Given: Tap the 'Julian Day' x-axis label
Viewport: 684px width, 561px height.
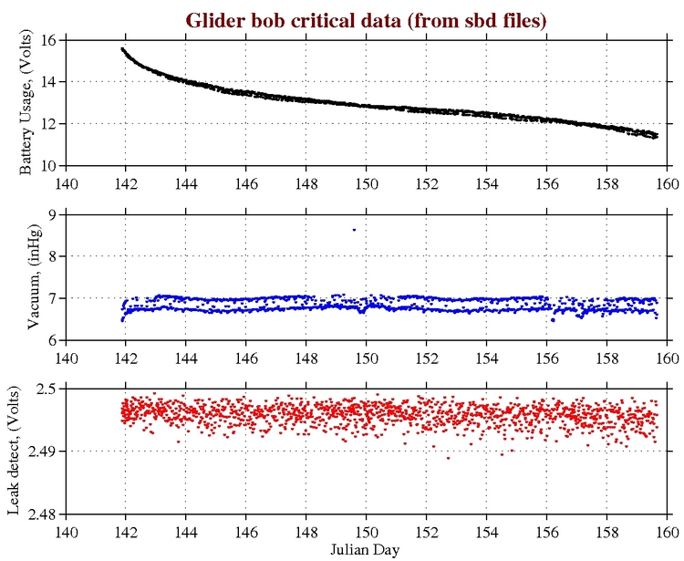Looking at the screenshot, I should point(366,550).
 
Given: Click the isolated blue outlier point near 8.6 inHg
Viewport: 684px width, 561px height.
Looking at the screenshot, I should point(354,230).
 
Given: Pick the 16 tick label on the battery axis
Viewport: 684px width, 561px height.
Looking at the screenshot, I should point(49,40).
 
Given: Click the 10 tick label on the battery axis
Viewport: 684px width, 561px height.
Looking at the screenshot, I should point(49,165).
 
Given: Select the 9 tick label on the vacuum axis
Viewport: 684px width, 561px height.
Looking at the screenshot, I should point(53,215).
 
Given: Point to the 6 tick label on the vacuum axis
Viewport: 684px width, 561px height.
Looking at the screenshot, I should point(53,340).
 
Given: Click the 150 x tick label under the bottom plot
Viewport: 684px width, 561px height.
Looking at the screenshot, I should point(366,530).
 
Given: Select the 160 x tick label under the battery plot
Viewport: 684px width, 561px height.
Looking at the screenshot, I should point(666,180).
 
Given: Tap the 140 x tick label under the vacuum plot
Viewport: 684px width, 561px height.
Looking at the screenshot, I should point(67,355).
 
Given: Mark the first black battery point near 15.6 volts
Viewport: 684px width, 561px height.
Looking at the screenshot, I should point(122,49).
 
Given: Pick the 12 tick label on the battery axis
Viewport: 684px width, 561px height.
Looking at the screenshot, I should point(49,123).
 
